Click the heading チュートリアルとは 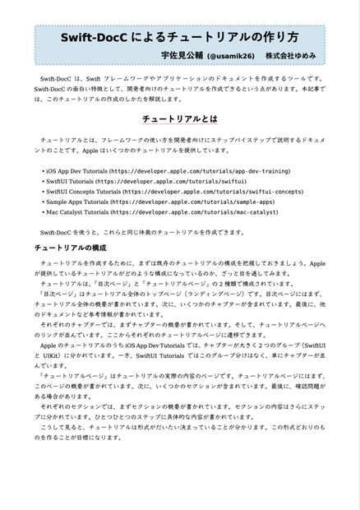point(179,118)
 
